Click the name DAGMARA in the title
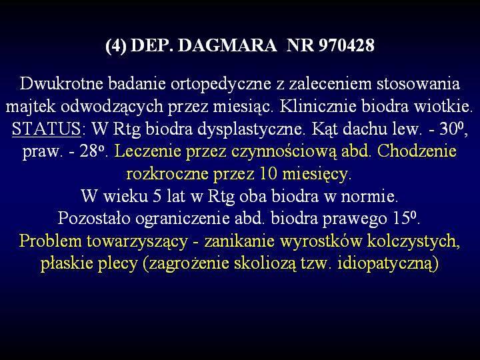coord(227,45)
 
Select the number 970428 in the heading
coord(346,45)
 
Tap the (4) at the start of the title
coord(116,46)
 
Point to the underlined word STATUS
coord(46,128)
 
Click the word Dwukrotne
coord(61,83)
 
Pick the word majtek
coord(31,107)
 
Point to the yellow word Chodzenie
coord(417,151)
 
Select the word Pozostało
coord(95,218)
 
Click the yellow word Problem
coord(51,241)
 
